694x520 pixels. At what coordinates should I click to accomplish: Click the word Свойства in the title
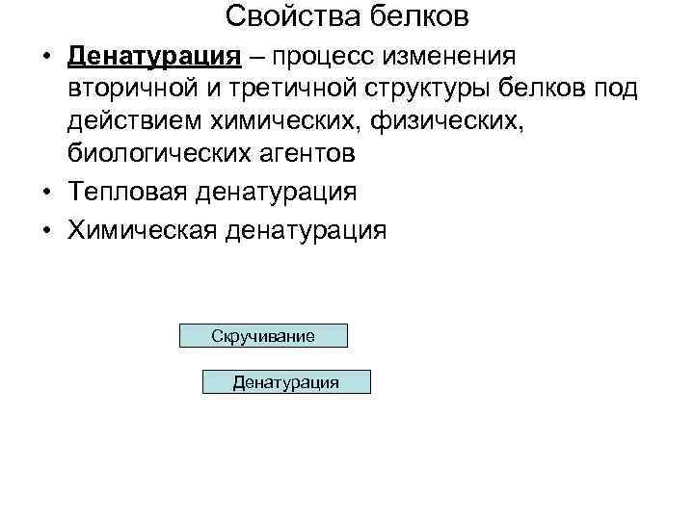(280, 16)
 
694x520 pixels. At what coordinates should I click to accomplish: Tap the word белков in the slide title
(420, 16)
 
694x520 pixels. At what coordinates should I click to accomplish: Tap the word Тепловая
(128, 192)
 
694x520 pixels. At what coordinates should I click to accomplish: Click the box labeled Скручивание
(263, 335)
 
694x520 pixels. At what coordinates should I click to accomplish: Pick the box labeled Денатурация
(285, 382)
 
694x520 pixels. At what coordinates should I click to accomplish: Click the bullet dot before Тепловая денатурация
(47, 193)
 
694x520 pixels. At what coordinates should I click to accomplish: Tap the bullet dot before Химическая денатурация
(47, 231)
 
